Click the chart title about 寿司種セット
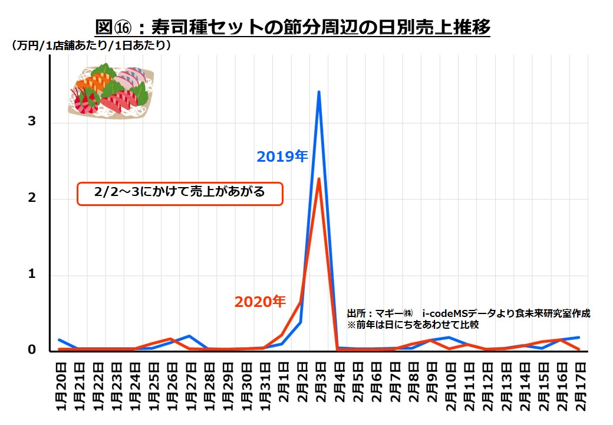(x=293, y=27)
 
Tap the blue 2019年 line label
(x=282, y=156)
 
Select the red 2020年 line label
(x=260, y=302)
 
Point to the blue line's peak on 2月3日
(x=319, y=92)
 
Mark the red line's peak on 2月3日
(x=319, y=178)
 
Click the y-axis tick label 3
(x=32, y=122)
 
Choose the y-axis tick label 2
(x=32, y=198)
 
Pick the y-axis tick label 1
(x=32, y=274)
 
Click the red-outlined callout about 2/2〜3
(x=180, y=193)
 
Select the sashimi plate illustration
(x=111, y=91)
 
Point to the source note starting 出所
(x=468, y=313)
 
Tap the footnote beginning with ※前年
(x=413, y=325)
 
